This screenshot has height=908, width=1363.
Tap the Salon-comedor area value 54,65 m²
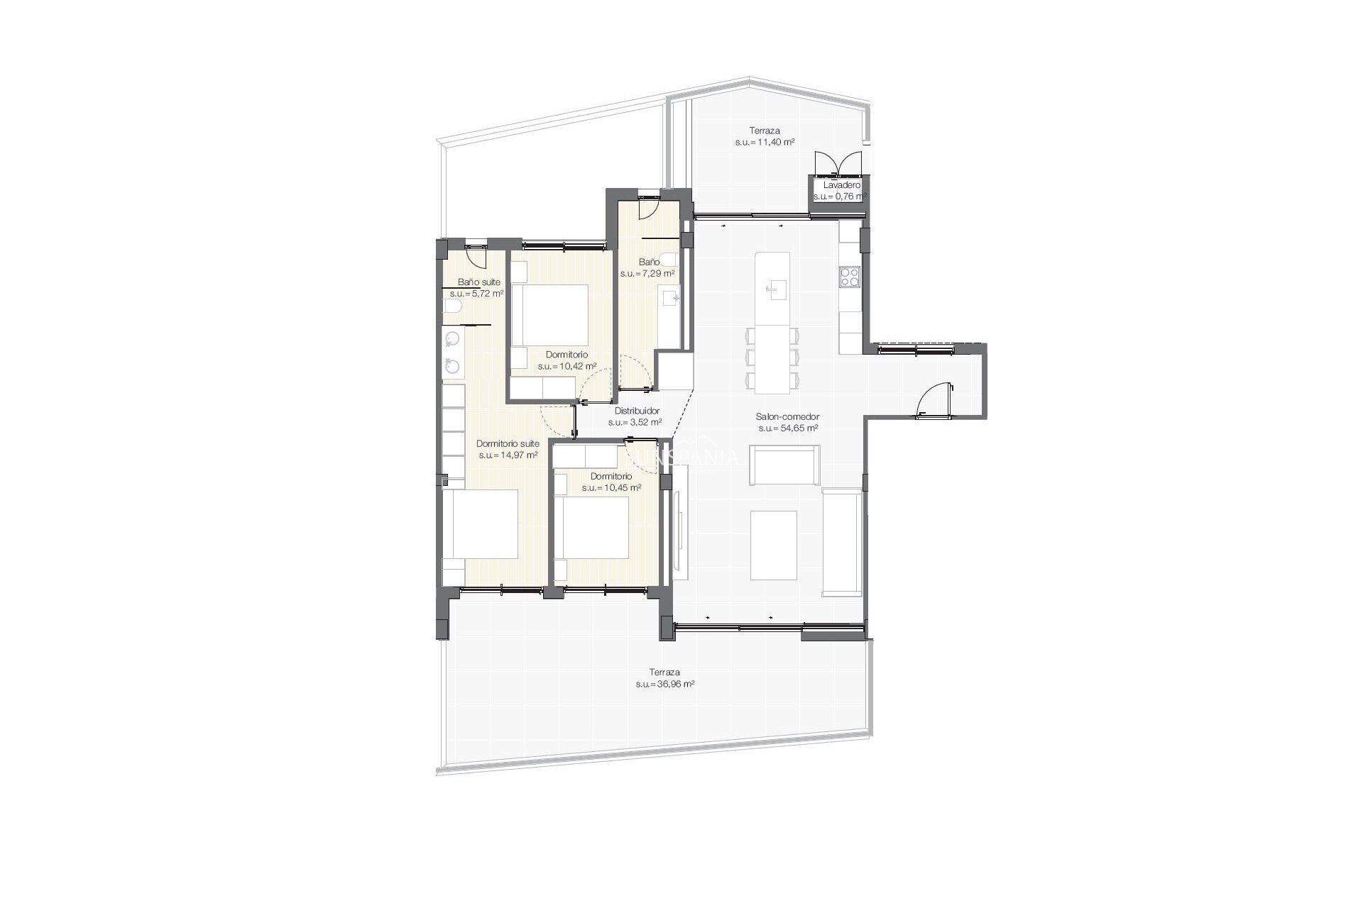(788, 428)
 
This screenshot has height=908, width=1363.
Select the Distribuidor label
(637, 411)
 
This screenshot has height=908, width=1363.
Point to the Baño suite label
(478, 282)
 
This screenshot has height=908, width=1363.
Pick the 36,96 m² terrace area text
(664, 685)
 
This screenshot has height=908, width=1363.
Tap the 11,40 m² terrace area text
(765, 143)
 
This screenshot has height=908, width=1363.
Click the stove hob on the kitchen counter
(850, 277)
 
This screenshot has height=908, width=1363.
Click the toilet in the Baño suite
(452, 306)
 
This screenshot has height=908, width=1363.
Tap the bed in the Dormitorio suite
(481, 525)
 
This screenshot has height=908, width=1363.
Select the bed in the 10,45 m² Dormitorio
(592, 528)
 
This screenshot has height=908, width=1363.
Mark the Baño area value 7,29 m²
(647, 273)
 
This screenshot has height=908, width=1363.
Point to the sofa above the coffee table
(785, 465)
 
